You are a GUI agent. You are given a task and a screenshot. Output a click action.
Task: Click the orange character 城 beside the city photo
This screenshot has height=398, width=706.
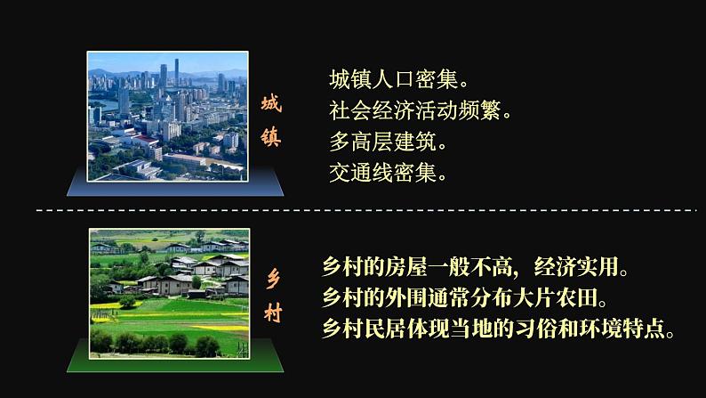[270, 104]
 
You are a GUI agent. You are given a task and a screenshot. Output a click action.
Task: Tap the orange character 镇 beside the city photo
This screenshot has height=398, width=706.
[270, 138]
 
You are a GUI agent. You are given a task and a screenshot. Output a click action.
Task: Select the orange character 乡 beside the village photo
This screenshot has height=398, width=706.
[272, 278]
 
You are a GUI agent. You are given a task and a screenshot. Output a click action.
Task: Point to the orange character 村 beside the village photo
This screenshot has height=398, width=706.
[272, 311]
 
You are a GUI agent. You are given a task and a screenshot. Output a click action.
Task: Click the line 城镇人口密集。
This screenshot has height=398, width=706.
[397, 80]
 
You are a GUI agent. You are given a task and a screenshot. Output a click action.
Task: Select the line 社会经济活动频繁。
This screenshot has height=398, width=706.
[421, 110]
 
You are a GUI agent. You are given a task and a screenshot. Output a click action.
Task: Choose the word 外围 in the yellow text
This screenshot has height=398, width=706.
[410, 296]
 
